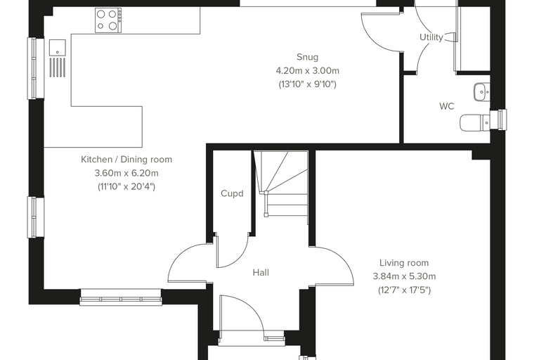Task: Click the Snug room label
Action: tap(307, 57)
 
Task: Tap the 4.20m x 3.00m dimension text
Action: tap(307, 70)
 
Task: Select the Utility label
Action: tap(431, 37)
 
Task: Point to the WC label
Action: tap(446, 106)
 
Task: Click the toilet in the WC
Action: tap(475, 122)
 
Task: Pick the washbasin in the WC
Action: tap(481, 91)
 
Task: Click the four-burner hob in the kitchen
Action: tap(108, 20)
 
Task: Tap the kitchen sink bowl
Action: tap(57, 47)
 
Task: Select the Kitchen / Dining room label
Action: tap(126, 159)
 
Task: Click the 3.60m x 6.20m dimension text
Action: tap(126, 173)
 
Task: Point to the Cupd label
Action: tap(232, 193)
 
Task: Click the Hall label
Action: tap(261, 272)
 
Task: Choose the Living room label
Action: tap(404, 263)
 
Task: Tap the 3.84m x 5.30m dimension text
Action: tap(404, 276)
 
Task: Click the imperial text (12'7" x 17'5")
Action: tap(404, 290)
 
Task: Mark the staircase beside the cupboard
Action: tap(281, 187)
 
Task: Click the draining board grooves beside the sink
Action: tap(57, 67)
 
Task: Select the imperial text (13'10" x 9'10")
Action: tap(307, 84)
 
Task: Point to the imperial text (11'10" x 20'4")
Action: tap(126, 187)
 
